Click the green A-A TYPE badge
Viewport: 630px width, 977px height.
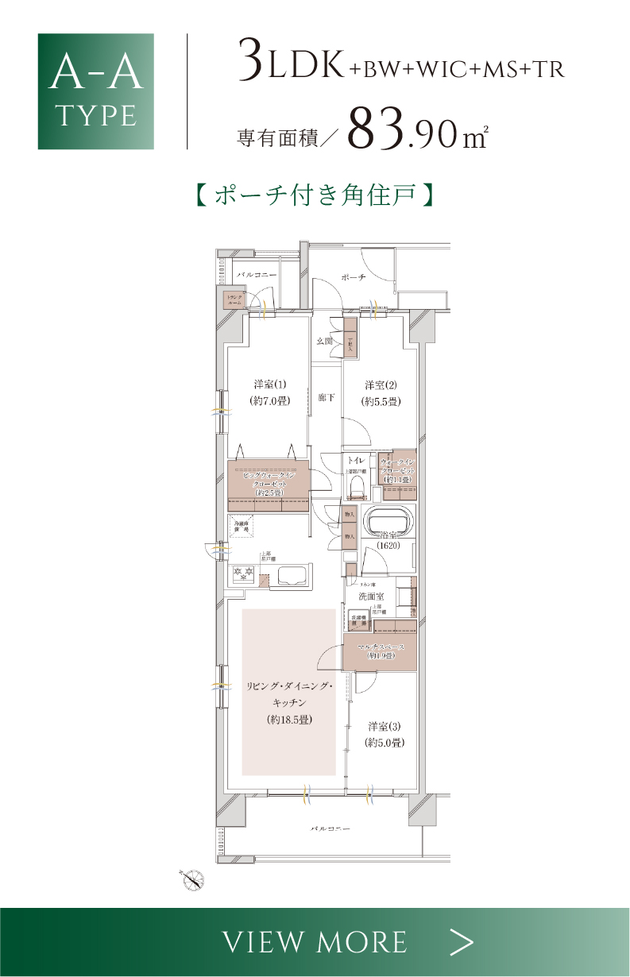[95, 91]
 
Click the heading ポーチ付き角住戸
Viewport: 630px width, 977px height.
[315, 195]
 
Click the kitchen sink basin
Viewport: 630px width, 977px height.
[291, 577]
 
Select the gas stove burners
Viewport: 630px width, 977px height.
[242, 573]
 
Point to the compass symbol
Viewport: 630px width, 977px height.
[193, 879]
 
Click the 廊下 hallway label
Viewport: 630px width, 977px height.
[326, 396]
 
